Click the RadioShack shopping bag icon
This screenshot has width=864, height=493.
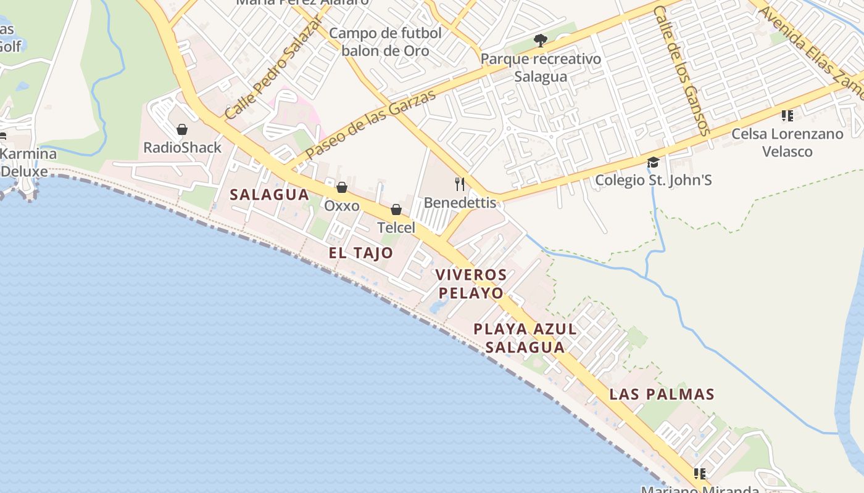[182, 129]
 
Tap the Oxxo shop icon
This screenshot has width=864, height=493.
[341, 187]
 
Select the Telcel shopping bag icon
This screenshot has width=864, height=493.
[396, 210]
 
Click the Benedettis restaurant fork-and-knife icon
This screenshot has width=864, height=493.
[460, 184]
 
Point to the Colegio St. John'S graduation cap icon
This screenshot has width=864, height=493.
[653, 163]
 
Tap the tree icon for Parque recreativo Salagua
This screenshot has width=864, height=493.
[541, 41]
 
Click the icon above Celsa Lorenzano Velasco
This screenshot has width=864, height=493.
[787, 116]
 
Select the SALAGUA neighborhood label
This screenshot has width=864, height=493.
[269, 195]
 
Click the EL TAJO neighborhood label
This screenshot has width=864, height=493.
[360, 253]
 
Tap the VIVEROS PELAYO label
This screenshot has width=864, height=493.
[471, 283]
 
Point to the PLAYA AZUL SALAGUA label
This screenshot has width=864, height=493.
[525, 338]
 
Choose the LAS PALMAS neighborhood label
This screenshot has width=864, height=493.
[662, 394]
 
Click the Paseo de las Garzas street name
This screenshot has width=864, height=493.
[370, 124]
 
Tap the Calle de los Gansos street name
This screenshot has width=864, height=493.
[682, 71]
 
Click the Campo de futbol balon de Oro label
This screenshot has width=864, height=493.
[385, 41]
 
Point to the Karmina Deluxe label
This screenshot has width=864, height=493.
[28, 162]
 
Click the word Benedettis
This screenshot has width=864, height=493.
[460, 203]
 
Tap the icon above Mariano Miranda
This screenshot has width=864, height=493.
[699, 473]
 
